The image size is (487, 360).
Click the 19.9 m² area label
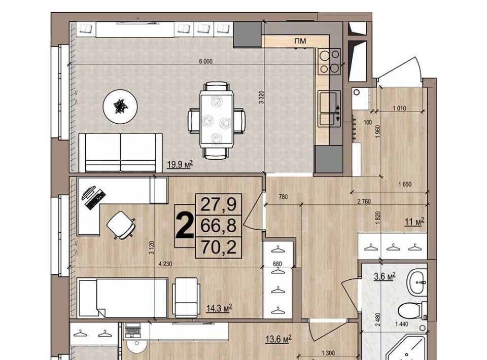(180, 164)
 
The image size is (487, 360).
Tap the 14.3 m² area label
(220, 308)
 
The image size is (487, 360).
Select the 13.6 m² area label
(279, 339)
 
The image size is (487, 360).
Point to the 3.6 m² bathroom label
(385, 276)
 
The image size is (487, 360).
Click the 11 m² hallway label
(414, 222)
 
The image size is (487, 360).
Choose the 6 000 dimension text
(205, 61)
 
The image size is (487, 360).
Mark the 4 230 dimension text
(165, 264)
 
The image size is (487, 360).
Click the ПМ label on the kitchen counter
(300, 41)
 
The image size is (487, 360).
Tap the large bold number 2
(184, 226)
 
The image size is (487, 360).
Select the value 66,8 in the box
(218, 226)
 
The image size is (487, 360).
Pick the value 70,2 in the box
(218, 247)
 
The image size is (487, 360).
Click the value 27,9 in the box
(218, 204)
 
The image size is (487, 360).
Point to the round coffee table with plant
(120, 106)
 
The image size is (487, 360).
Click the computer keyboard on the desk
(95, 199)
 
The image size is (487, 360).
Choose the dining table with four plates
(217, 120)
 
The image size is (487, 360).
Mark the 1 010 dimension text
(399, 109)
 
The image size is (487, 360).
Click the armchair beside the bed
(186, 297)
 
